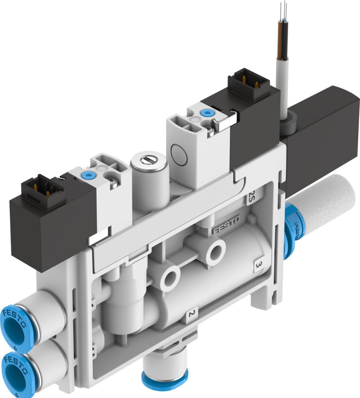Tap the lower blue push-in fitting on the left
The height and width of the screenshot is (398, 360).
pos(17,371)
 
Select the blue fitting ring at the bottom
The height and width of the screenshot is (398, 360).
pos(165,381)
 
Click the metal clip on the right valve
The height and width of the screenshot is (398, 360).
pos(226,121)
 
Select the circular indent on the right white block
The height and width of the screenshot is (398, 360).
pos(179,151)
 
